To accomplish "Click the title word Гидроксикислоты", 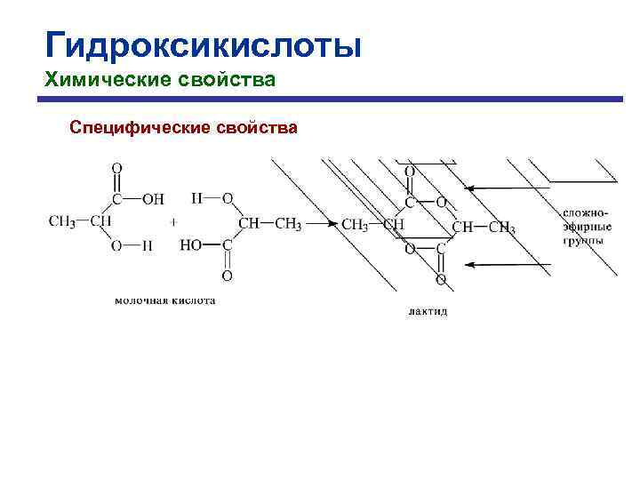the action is point(204,44).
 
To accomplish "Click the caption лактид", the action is point(428,311).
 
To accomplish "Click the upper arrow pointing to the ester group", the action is point(507,188).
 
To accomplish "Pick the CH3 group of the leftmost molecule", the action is point(61,222).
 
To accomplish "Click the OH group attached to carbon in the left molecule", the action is point(154,198).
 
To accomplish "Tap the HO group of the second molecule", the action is point(191,246).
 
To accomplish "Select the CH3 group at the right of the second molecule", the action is point(288,223).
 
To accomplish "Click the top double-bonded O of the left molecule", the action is point(117,168).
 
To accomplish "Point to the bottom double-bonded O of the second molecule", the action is point(228,276).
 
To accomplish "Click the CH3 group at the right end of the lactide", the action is point(502,228).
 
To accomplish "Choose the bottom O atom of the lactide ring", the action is point(441,280).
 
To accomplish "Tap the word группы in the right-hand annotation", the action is point(583,240).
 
